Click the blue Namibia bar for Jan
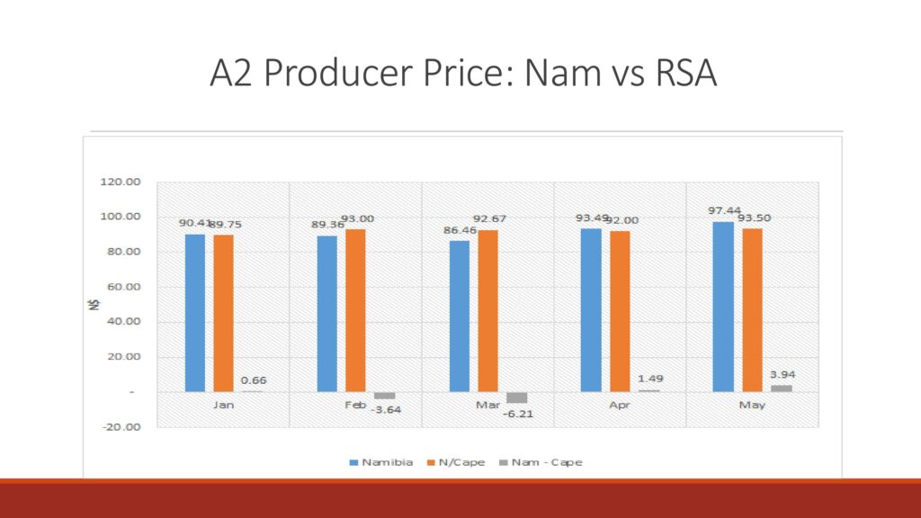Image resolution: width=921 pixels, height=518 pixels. [195, 312]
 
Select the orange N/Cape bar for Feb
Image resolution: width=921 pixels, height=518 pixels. [355, 310]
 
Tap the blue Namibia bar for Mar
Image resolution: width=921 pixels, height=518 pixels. [460, 316]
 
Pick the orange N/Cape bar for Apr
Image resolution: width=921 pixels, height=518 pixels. [620, 311]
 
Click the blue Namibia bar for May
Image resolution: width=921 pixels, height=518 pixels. [723, 306]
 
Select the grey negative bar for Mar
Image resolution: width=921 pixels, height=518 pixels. [517, 397]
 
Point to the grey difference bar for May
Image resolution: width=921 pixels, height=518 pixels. [782, 388]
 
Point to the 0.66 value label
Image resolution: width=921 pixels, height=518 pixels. [254, 380]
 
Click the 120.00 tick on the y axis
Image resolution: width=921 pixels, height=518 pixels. [120, 182]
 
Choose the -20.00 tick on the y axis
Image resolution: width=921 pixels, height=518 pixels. [120, 426]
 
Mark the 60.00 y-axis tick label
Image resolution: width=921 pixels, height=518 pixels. [120, 287]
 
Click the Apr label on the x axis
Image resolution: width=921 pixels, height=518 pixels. [620, 406]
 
